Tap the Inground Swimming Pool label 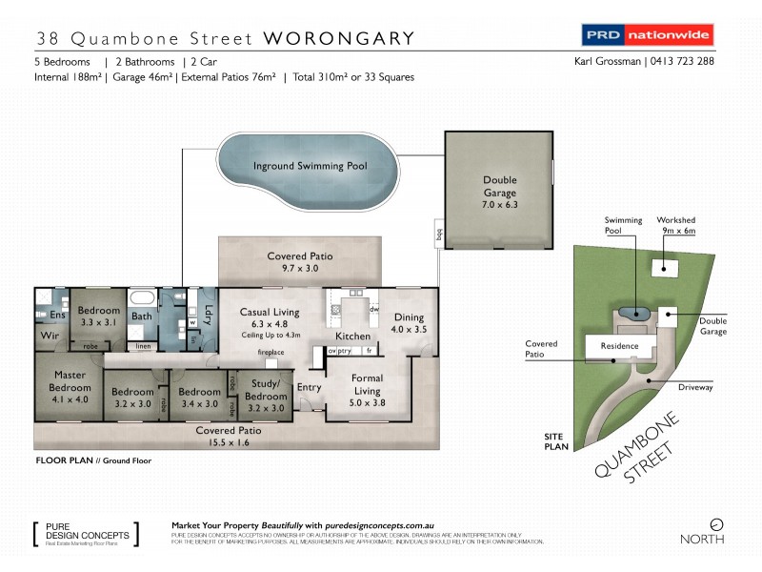coord(310,166)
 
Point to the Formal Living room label coord(367,384)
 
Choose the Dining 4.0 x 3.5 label coord(409,324)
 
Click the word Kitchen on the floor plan coord(352,337)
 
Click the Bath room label coord(142,316)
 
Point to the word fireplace coord(271,353)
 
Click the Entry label coord(310,387)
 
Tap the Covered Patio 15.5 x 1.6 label coord(229,437)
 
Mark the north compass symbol coord(716,523)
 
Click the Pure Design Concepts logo coord(85,533)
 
